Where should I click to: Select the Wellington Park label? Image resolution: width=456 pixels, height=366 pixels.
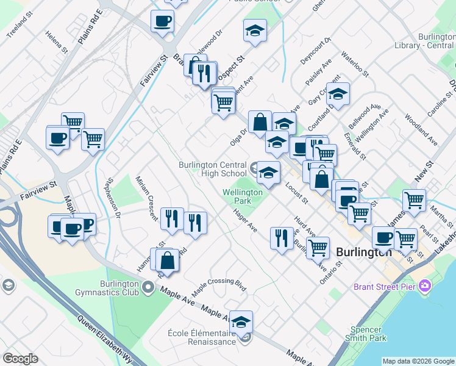(x=242, y=196)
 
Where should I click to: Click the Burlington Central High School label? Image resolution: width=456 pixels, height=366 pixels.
(x=212, y=169)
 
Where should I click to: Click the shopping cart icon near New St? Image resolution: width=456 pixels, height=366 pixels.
(x=414, y=199)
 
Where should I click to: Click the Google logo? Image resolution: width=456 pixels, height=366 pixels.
(x=21, y=359)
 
